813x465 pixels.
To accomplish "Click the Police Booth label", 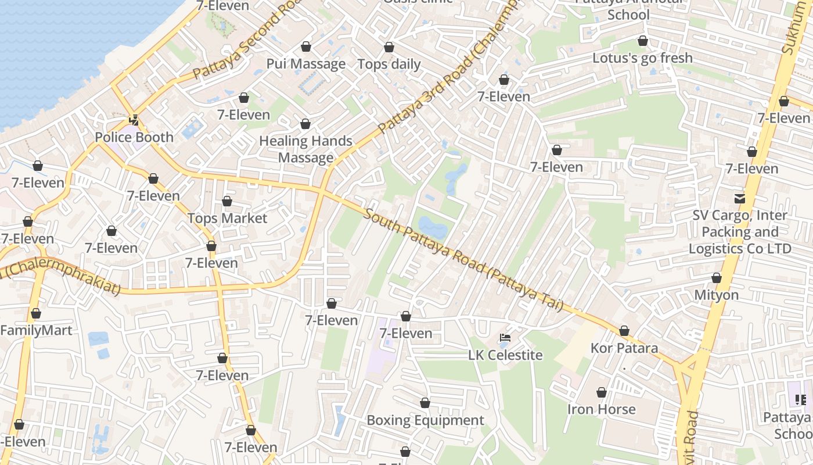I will click(134, 137).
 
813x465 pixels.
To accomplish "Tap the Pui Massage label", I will click(306, 64).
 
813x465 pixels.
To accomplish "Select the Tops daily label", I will click(389, 64).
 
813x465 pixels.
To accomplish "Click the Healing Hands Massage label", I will click(305, 149).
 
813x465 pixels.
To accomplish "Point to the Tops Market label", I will click(227, 219).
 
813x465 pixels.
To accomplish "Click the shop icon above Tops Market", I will click(227, 201).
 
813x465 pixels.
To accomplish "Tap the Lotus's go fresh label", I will click(642, 58).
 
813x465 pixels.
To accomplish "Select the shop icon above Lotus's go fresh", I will click(642, 41).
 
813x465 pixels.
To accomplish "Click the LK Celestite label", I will click(505, 355).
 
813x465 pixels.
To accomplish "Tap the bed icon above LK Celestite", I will click(505, 338).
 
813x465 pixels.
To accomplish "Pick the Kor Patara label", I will click(624, 348).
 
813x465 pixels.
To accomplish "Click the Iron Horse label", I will click(602, 409).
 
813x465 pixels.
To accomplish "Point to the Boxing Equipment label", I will click(425, 420).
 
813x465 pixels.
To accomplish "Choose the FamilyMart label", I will click(36, 331).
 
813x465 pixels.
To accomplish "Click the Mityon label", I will click(717, 295).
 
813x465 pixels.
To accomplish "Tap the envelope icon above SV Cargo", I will click(740, 198).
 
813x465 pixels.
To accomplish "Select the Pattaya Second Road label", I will click(244, 44).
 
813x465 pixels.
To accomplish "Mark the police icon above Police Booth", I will click(134, 120).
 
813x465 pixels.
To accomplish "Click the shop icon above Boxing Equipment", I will click(425, 403).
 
